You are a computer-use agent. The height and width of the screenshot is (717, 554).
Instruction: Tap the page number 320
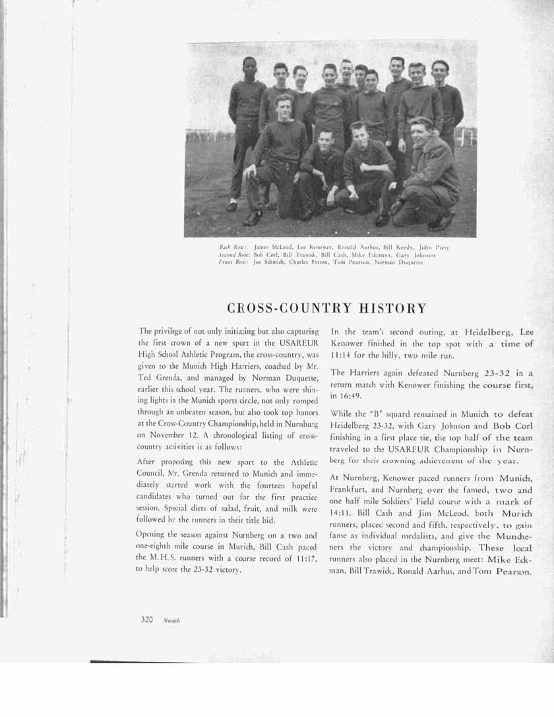click(147, 619)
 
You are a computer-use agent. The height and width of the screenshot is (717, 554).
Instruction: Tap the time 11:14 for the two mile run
click(344, 354)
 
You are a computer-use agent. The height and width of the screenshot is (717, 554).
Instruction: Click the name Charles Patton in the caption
click(304, 261)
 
